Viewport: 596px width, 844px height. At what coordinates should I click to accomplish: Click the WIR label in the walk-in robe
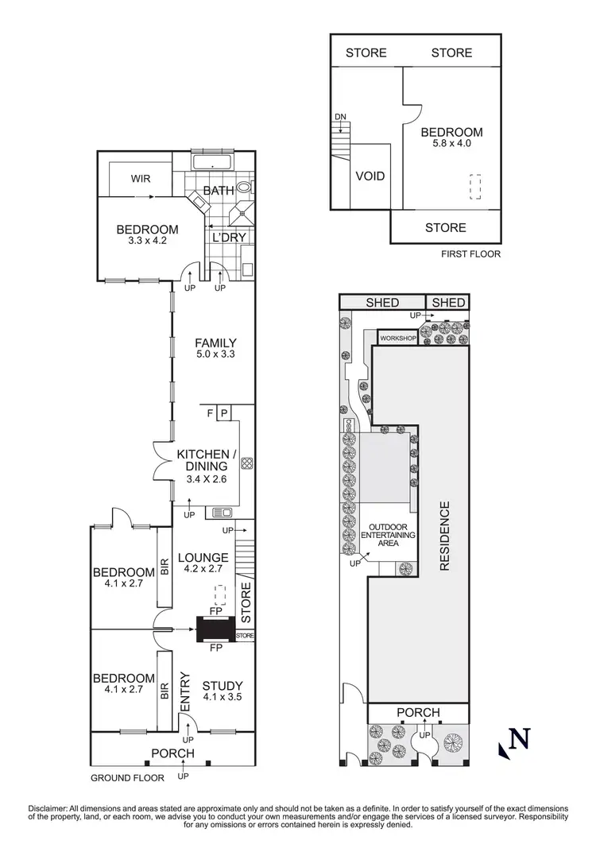point(141,179)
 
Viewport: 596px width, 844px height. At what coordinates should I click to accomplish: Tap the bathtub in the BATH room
point(212,165)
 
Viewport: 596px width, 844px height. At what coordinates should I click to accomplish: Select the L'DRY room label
point(228,237)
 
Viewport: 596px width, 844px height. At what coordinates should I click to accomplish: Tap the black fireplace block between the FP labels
point(215,629)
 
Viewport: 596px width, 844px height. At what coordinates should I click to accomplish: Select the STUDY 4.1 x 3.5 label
point(223,691)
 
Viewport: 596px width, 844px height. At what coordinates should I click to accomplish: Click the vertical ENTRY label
point(185,692)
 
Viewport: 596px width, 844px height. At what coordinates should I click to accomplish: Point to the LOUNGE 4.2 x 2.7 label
point(203,563)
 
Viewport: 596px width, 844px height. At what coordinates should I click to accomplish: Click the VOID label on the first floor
point(370,176)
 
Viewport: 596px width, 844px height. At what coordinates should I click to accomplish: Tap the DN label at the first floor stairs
point(340,118)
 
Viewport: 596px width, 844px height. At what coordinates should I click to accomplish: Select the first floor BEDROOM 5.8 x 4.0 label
point(451,138)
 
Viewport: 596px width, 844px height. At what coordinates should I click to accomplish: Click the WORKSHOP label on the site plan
point(398,339)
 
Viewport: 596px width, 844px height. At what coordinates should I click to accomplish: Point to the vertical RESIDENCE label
point(445,536)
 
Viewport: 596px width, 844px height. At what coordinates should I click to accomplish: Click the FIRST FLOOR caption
point(470,255)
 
